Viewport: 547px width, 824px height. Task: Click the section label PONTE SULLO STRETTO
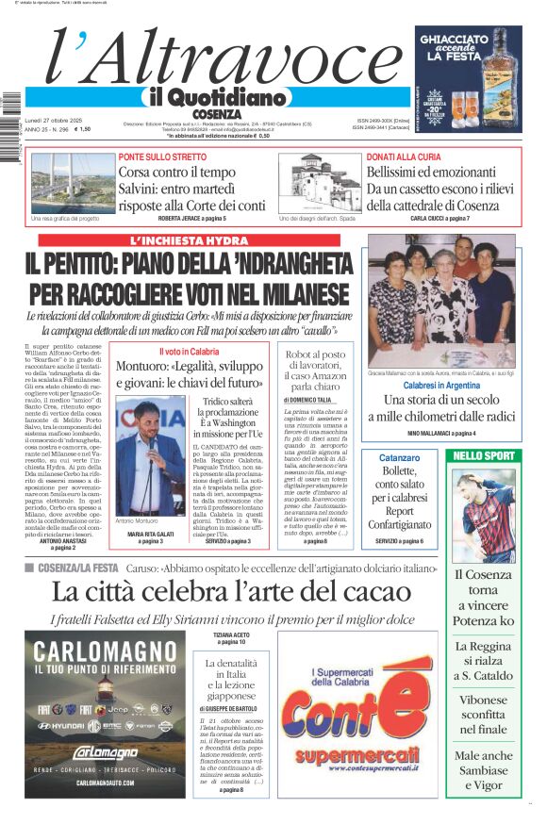[162, 157]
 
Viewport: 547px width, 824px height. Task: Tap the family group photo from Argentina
[441, 297]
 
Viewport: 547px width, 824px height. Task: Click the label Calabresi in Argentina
[441, 387]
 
